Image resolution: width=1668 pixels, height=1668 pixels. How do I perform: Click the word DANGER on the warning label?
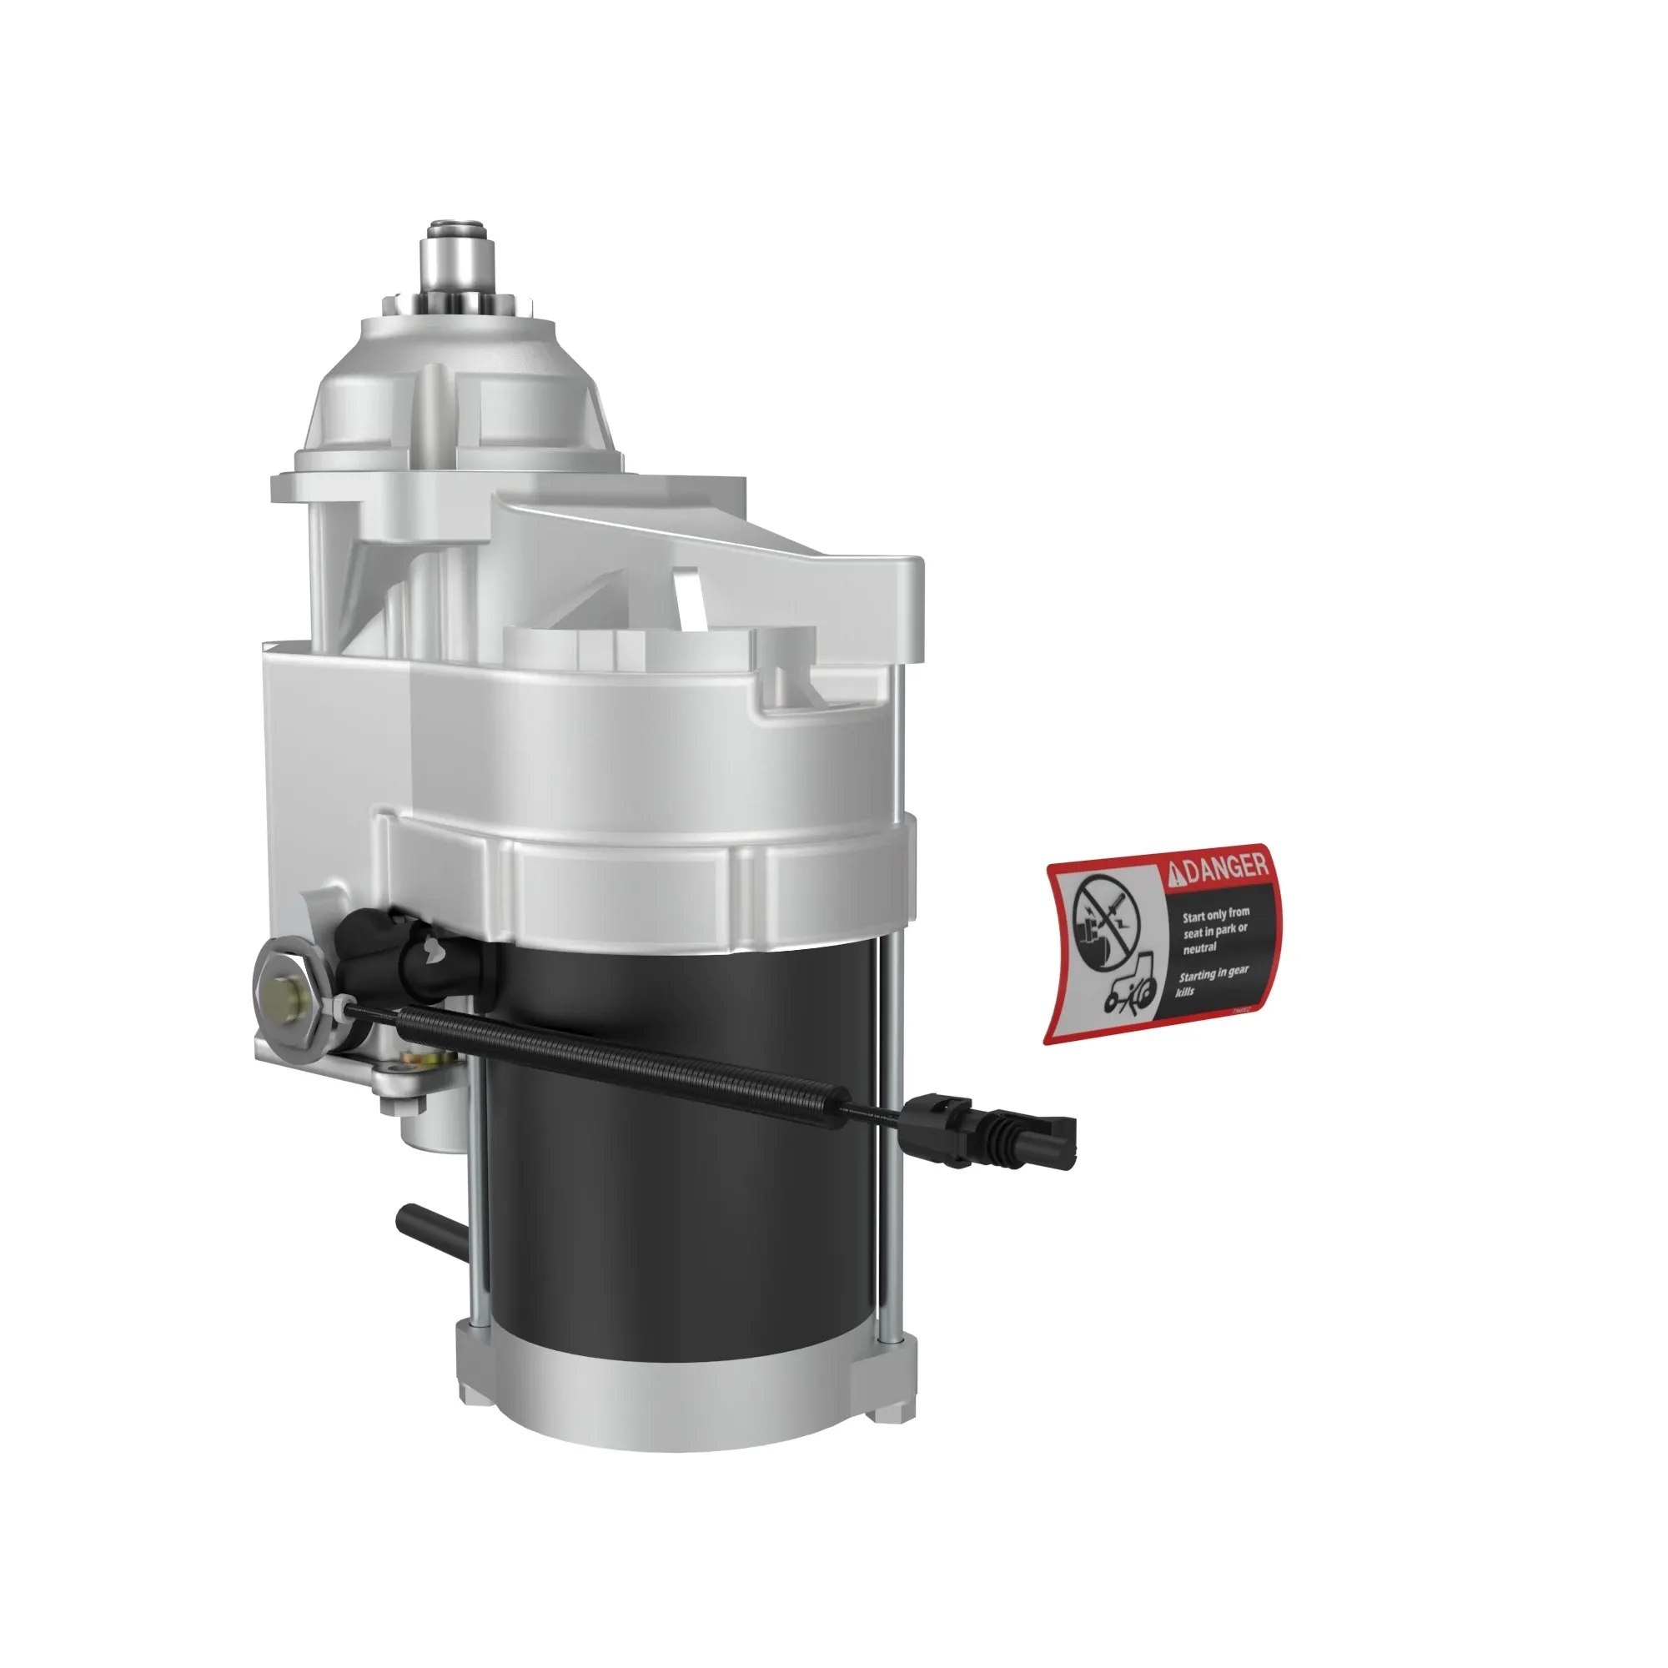pos(1226,868)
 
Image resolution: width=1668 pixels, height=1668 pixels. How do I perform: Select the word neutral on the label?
pos(1200,948)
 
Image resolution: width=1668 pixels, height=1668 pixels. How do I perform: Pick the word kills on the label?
pos(1185,992)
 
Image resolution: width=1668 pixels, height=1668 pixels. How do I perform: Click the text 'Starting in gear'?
pos(1213,975)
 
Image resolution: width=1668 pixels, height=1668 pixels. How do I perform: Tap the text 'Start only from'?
pos(1216,914)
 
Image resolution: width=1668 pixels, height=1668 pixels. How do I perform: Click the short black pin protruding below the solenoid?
pos(428,1226)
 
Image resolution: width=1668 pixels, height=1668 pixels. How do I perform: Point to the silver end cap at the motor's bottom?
pos(682,1403)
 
